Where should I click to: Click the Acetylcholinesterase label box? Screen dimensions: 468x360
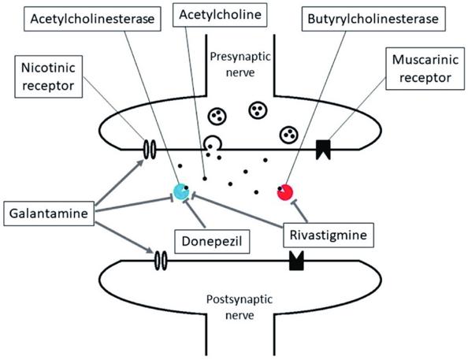[92, 19]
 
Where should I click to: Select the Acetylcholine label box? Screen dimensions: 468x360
[220, 15]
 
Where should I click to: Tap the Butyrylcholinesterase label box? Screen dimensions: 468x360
[373, 19]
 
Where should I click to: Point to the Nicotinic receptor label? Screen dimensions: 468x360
[48, 76]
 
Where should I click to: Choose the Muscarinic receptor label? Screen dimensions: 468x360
[425, 69]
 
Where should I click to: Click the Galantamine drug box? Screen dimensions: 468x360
[49, 213]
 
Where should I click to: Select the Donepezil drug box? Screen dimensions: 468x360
[212, 242]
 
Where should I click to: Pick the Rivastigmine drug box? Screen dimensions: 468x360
[329, 236]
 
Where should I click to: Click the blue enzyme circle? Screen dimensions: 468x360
[181, 191]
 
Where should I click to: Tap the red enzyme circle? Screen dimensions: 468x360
[285, 192]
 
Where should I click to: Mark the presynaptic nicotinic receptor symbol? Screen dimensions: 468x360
[150, 150]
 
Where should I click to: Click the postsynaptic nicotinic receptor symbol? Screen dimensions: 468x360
[161, 260]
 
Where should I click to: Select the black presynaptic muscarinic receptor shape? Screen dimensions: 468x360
[323, 149]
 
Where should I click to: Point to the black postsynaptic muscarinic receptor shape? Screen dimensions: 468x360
[297, 261]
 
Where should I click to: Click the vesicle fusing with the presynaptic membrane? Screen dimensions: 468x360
[213, 143]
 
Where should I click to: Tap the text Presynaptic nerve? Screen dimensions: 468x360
[240, 64]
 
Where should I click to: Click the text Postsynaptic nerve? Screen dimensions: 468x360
[240, 307]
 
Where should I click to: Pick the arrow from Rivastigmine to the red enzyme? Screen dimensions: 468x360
[300, 211]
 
